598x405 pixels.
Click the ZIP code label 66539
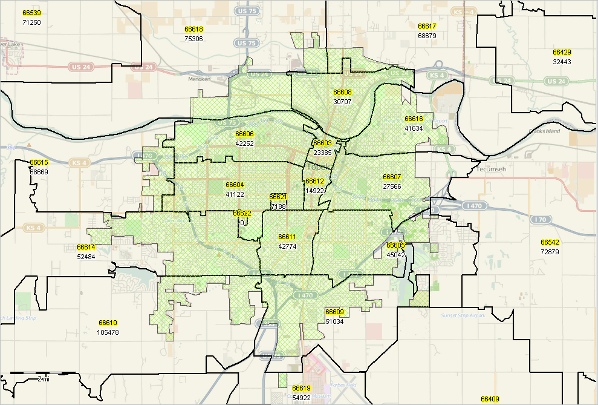[x=31, y=13]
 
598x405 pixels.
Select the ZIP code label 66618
[x=194, y=29]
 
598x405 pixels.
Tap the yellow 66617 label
[x=427, y=27]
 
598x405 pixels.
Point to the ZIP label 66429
[x=562, y=53]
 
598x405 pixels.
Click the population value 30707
[x=342, y=102]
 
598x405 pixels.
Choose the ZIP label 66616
[x=414, y=119]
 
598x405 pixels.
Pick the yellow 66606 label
[x=244, y=134]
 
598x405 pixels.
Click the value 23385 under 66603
[x=322, y=153]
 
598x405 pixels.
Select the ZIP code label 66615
[x=39, y=163]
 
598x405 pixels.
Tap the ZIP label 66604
[x=235, y=185]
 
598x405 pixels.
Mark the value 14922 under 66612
[x=315, y=191]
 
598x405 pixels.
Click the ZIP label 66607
[x=392, y=177]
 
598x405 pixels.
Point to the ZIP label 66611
[x=287, y=237]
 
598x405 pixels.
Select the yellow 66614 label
[x=86, y=247]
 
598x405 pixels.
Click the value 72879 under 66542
[x=550, y=251]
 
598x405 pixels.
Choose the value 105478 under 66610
[x=108, y=332]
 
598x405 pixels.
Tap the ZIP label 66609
[x=334, y=312]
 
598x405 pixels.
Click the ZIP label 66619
[x=301, y=388]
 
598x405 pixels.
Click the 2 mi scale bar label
[x=43, y=378]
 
